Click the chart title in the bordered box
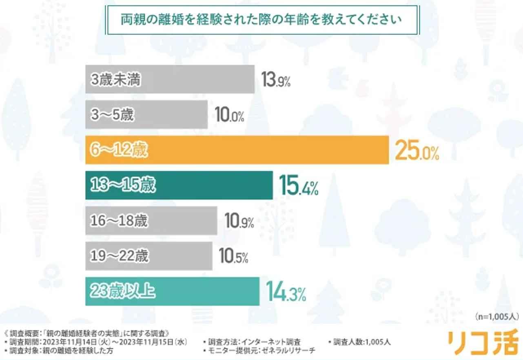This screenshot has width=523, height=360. click(x=261, y=20)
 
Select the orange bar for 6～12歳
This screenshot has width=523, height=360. click(x=237, y=150)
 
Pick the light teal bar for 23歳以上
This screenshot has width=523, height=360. click(x=172, y=291)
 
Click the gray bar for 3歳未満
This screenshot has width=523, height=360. click(x=170, y=80)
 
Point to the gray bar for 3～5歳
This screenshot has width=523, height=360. click(x=146, y=115)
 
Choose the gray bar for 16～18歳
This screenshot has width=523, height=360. click(x=151, y=221)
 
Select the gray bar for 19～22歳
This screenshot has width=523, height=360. click(x=148, y=256)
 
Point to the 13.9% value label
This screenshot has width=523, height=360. click(x=276, y=80)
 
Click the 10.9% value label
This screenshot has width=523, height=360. click(x=239, y=222)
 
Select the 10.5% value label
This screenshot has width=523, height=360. click(x=234, y=257)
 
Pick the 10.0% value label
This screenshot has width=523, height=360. click(x=229, y=116)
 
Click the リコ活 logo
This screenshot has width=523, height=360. click(x=483, y=342)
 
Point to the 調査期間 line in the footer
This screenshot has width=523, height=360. click(x=95, y=342)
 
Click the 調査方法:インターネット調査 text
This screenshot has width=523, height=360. click(x=254, y=342)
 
